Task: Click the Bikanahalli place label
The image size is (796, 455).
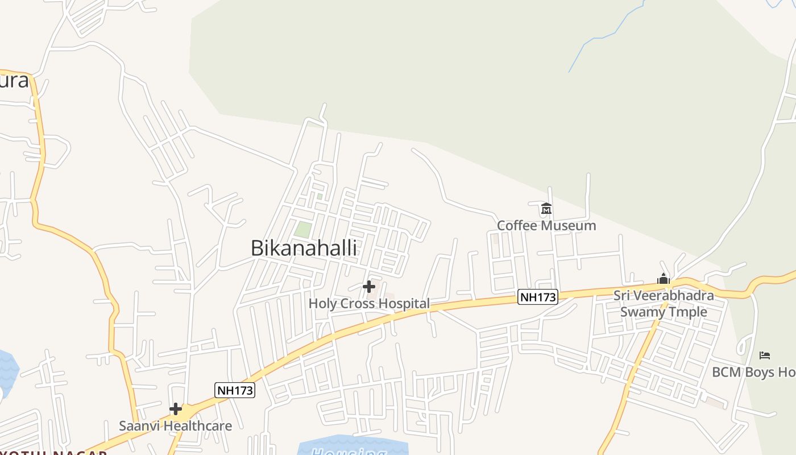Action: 304,248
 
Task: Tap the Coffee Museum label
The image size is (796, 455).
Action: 546,226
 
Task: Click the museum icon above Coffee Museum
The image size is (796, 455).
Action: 546,209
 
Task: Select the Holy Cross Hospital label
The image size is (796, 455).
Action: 369,304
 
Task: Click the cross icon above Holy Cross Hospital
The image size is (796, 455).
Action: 369,286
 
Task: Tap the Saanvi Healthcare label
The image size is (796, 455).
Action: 175,426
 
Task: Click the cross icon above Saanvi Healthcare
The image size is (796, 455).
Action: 176,409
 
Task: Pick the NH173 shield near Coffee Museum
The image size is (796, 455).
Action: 537,297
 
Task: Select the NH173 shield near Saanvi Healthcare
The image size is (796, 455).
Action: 234,390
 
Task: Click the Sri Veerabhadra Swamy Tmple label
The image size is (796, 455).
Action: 664,304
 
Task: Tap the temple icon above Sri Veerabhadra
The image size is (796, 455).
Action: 664,279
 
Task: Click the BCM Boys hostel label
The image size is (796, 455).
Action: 753,373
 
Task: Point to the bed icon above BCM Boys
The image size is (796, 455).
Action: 765,355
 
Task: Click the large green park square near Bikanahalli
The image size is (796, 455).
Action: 303,230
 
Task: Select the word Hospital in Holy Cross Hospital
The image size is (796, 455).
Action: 404,304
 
